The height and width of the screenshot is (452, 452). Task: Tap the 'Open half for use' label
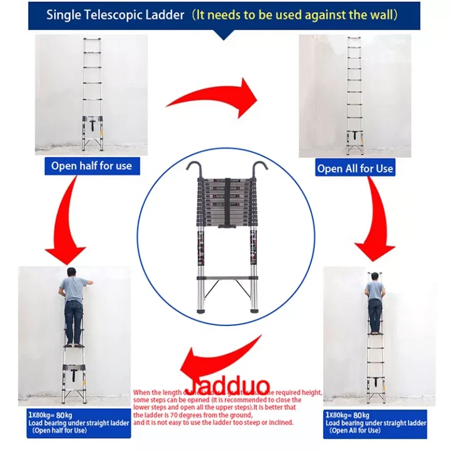coord(91,166)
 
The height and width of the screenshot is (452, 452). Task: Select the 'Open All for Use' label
coord(355,168)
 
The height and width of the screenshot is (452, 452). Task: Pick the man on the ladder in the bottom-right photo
coord(374,304)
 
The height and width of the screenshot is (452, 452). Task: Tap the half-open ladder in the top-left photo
coord(92,94)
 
